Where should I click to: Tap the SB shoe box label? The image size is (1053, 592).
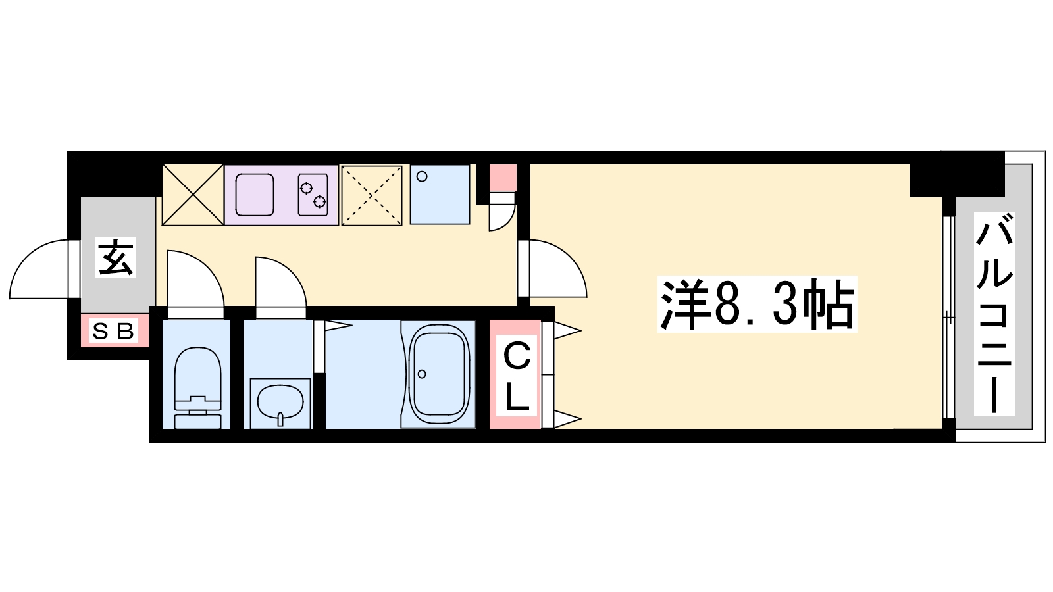(x=114, y=332)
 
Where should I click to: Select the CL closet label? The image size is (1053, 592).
(x=517, y=378)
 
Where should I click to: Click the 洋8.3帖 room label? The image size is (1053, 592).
(x=757, y=305)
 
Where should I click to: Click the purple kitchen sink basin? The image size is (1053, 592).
(x=255, y=194)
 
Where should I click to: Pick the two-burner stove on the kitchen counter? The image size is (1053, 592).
(x=313, y=194)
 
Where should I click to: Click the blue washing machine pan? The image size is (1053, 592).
(x=440, y=194)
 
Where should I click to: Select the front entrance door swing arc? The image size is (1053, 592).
(x=39, y=270)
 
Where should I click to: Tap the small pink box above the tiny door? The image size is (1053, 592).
(x=503, y=177)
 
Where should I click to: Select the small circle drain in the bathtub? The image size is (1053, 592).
(x=421, y=374)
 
